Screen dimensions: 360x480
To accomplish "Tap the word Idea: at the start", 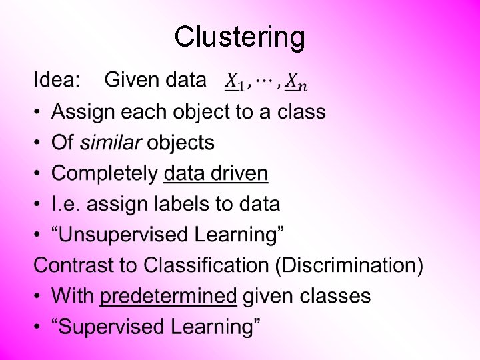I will click(57, 81).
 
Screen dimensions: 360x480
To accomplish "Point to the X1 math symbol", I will click(235, 82).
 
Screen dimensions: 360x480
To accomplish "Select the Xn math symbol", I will click(296, 82).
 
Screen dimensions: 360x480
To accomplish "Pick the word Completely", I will click(105, 174).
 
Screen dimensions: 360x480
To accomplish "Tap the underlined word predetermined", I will click(168, 296).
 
